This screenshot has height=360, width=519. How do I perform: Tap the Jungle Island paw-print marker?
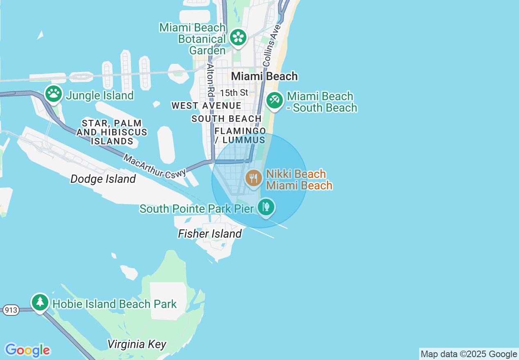[54, 94]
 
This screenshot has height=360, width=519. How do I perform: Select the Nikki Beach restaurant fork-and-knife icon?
[254, 178]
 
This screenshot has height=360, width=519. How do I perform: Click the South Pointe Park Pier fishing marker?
[266, 207]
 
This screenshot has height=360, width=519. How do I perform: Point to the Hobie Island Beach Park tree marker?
[40, 302]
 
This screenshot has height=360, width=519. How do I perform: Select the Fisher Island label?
[210, 234]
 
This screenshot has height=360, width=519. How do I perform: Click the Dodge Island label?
[103, 179]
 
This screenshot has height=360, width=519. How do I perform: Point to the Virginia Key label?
[137, 344]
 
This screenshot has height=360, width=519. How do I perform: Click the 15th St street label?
[234, 93]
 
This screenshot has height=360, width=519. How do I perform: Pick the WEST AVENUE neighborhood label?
[206, 106]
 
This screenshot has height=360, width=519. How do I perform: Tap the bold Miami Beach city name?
[264, 76]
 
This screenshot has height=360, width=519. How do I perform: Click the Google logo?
[27, 350]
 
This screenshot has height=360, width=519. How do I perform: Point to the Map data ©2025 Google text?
[469, 354]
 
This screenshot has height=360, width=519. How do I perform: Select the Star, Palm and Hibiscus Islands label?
[112, 132]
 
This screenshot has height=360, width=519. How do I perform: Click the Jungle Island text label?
[100, 95]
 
